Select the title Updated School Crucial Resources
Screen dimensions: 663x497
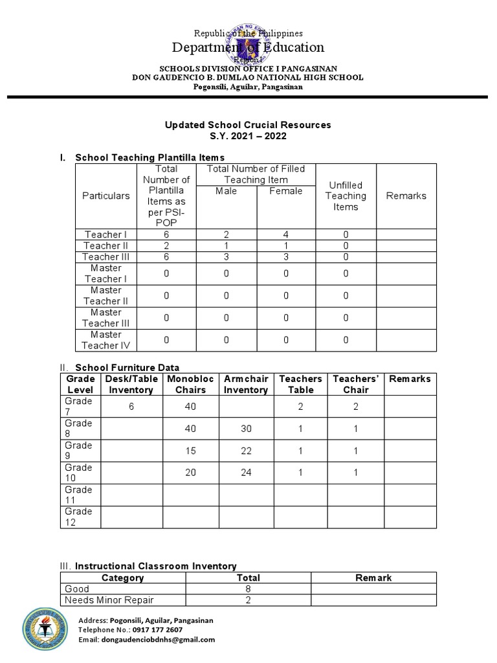[248, 124]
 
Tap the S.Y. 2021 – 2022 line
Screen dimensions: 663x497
[248, 136]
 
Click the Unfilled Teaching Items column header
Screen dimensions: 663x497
[346, 196]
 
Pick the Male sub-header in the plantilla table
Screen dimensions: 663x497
[226, 191]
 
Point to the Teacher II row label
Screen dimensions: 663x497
[106, 245]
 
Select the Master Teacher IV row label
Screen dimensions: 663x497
[106, 340]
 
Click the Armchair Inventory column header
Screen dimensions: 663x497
[245, 384]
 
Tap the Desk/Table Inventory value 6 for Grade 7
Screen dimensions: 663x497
[131, 406]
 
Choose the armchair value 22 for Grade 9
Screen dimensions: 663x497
[245, 450]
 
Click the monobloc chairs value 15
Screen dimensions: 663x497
[190, 450]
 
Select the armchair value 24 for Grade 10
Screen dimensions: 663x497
[245, 473]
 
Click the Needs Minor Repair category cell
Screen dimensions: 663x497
[109, 600]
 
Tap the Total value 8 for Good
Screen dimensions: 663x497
[248, 589]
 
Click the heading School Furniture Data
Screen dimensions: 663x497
[127, 367]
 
